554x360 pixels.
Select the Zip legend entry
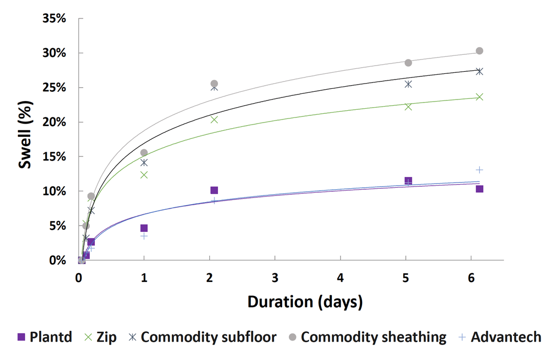coord(101,337)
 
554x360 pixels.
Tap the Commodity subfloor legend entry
coord(202,337)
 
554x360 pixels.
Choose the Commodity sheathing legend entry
coord(367,337)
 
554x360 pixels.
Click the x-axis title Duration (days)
coord(305,302)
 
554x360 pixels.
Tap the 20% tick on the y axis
coord(54,122)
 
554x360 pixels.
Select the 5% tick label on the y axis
coord(57,226)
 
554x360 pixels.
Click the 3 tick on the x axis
coord(275,277)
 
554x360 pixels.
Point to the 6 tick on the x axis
coord(471,277)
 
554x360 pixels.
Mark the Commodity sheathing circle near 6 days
coord(479,51)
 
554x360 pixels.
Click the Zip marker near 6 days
coord(479,97)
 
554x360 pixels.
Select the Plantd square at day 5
coord(408,181)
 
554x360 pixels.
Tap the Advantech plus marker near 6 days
coord(479,170)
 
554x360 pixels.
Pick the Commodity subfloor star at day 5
coord(408,84)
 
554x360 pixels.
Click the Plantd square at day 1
coord(144,228)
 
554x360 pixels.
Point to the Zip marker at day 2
coord(214,119)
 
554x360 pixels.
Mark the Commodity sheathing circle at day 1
coord(144,153)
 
